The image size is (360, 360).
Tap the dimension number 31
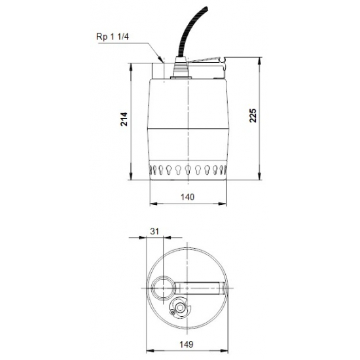tap(154, 231)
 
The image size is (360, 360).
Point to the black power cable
tap(185, 33)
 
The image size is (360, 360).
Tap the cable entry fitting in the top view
tap(179, 308)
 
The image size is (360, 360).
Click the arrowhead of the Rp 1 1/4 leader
tap(158, 59)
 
